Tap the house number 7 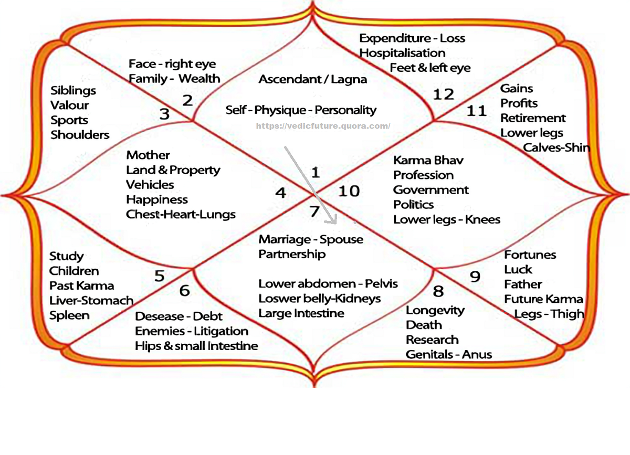(x=314, y=211)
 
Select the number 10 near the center (x=349, y=191)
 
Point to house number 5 (x=160, y=276)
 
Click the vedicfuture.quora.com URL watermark (x=323, y=126)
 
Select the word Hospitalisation (x=402, y=53)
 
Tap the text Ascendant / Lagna (x=313, y=80)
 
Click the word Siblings (x=73, y=90)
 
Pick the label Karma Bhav (x=428, y=160)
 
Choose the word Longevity (x=435, y=310)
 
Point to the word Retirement (x=533, y=118)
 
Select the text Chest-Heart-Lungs (x=181, y=214)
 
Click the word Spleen (x=69, y=315)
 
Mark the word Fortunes (x=530, y=255)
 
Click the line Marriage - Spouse (x=311, y=239)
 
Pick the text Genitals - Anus (x=449, y=354)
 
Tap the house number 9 (x=475, y=277)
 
